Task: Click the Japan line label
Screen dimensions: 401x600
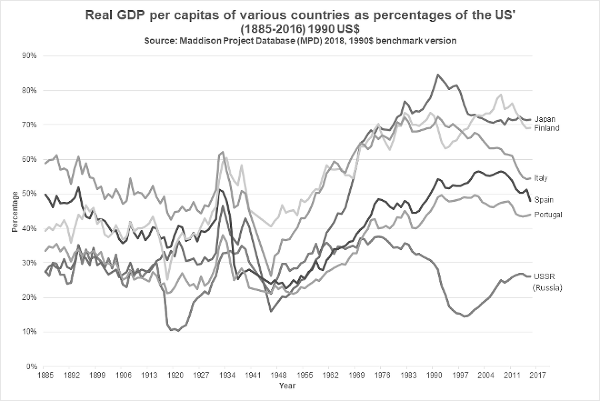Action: coord(545,119)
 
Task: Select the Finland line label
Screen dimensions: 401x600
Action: coord(547,128)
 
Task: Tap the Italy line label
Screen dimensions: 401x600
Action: coord(541,178)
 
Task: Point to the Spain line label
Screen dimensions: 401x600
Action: coord(543,200)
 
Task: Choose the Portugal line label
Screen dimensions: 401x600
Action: coord(548,214)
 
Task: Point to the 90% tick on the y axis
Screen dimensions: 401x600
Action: coord(29,55)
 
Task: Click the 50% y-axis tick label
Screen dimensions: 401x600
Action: coord(29,194)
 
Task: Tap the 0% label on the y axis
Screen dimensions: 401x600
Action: coord(31,366)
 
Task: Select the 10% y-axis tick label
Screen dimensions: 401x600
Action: coord(29,332)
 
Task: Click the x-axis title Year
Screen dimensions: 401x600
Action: coord(288,386)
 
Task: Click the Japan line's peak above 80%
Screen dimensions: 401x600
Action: coord(437,75)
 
